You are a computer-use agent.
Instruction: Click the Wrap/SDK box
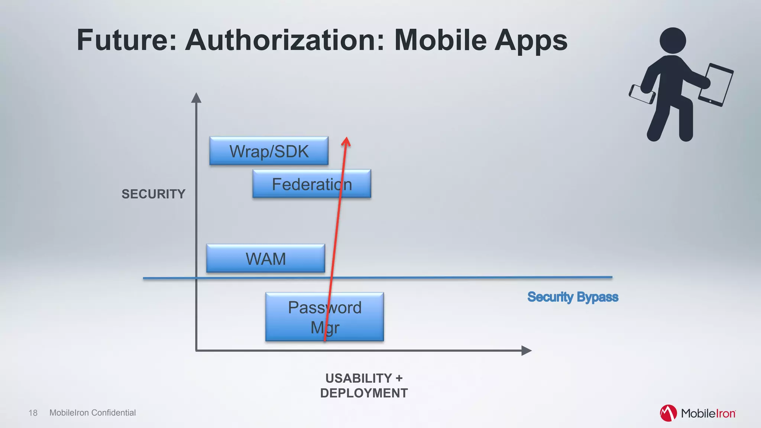[x=269, y=151]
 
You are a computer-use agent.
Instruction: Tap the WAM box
[x=265, y=259]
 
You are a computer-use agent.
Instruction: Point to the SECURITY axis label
[x=153, y=194]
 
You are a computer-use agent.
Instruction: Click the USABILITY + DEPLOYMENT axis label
[x=364, y=386]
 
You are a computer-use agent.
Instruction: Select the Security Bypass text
[x=573, y=297]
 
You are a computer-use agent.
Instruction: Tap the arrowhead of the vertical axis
[x=196, y=98]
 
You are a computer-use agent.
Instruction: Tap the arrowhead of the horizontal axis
[x=526, y=350]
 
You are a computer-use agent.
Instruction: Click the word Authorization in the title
[x=285, y=40]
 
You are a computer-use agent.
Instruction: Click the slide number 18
[x=33, y=413]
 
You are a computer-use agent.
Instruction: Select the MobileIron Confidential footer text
[x=93, y=413]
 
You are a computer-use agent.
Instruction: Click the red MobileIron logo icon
[x=668, y=413]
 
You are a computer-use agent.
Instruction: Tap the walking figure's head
[x=673, y=40]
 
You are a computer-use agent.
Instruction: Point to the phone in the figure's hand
[x=641, y=94]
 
